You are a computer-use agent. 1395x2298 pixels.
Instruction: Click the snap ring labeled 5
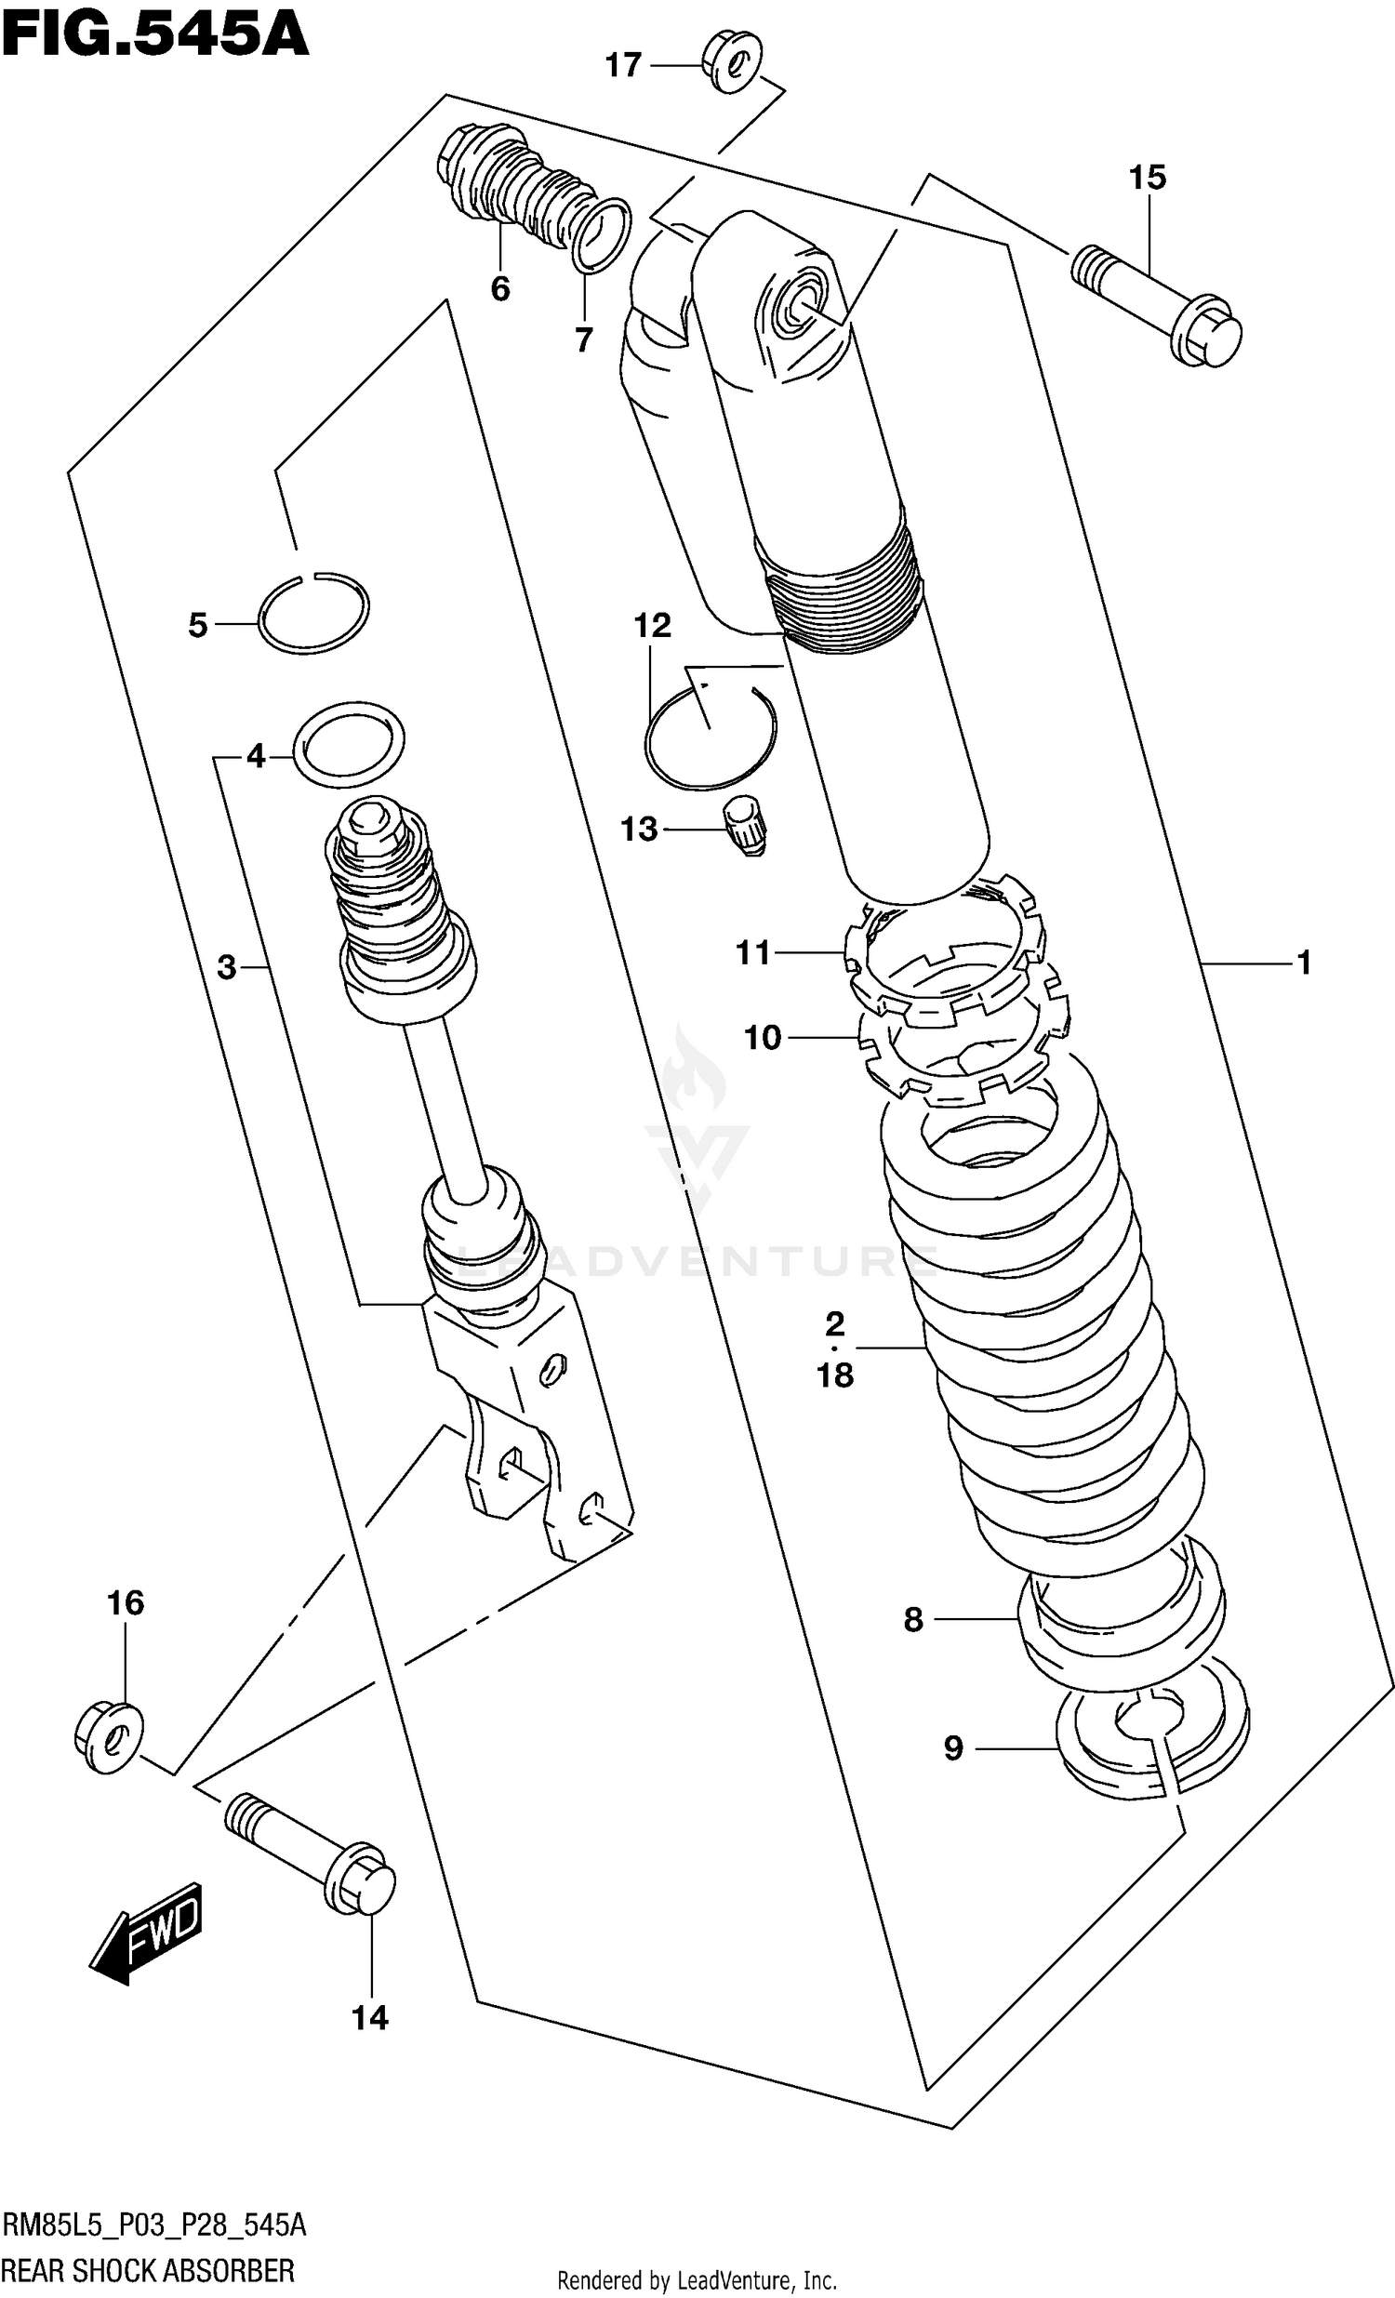tap(313, 612)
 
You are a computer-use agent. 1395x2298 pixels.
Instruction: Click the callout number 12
tap(652, 625)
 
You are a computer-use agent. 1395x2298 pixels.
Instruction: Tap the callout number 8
tap(913, 1620)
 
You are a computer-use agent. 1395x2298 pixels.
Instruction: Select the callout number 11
tap(752, 953)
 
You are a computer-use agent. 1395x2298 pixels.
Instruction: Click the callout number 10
tap(762, 1037)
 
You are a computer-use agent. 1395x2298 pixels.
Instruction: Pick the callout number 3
tap(227, 968)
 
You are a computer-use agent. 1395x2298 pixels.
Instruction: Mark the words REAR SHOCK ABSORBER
tap(148, 2268)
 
